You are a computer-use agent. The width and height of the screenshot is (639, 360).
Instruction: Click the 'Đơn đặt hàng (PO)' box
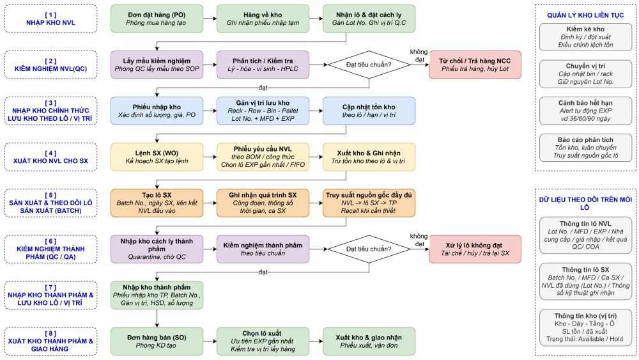[157, 19]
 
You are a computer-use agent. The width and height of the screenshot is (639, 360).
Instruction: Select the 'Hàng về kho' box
[263, 19]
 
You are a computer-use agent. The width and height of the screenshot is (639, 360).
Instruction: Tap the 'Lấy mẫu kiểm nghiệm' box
[157, 65]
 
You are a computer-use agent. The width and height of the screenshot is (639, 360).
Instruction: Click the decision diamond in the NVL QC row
[369, 65]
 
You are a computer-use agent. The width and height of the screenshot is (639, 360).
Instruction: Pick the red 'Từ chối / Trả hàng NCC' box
[475, 65]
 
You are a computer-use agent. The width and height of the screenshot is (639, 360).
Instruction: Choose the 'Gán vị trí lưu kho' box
[263, 111]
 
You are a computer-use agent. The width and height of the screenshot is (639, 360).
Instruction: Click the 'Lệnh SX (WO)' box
[157, 157]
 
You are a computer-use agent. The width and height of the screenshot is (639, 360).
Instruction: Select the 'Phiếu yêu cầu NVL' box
[263, 157]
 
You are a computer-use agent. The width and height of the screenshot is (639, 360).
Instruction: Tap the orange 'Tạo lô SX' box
[157, 203]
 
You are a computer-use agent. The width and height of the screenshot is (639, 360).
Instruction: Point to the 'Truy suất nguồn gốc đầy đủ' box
[369, 203]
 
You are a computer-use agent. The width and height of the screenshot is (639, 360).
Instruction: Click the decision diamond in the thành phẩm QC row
[369, 249]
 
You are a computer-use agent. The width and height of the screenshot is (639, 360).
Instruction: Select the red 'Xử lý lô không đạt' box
[475, 249]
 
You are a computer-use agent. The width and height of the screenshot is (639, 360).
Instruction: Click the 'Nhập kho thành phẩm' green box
[157, 295]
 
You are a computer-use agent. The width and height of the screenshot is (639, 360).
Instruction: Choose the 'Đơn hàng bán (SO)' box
[157, 341]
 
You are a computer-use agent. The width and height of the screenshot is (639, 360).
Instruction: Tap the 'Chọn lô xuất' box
[263, 341]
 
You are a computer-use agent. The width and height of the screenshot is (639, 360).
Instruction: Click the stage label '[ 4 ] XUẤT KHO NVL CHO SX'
[50, 157]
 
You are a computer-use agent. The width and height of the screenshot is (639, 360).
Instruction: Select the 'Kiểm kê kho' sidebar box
[585, 37]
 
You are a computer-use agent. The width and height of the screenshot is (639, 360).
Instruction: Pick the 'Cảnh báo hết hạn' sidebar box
[585, 111]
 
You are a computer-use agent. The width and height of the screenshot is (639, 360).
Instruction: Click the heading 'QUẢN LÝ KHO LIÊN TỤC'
[585, 15]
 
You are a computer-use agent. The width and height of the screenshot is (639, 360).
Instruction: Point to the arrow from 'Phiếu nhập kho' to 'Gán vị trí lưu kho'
[210, 111]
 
